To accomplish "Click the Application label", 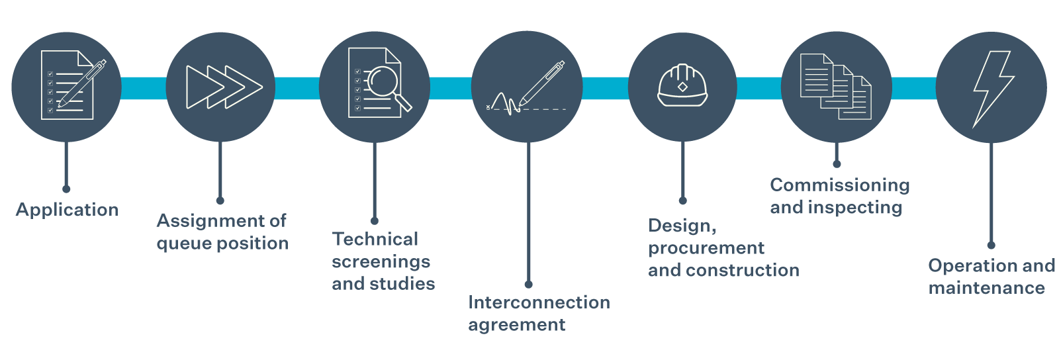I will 67,210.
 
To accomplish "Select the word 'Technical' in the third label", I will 375,239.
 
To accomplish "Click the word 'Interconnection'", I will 539,302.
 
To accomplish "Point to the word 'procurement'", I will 706,248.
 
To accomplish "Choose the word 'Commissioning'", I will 840,185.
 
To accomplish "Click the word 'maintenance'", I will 986,288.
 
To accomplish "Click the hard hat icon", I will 682,86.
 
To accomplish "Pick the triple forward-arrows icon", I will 224,87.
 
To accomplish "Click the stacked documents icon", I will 835,87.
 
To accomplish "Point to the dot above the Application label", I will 66,189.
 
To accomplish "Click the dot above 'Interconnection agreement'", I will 528,285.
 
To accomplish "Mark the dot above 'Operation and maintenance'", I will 991,246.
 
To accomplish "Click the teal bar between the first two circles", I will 143,87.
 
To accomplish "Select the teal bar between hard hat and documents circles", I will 759,87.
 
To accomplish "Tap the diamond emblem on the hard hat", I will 682,87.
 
